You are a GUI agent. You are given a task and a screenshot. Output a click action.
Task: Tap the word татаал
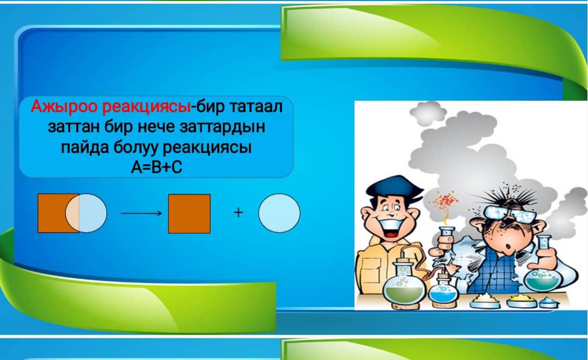[256, 107]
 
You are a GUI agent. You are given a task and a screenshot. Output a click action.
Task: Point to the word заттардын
[222, 127]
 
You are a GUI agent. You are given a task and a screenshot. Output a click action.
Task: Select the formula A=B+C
[156, 167]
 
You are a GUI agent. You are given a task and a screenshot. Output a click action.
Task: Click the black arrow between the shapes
[142, 213]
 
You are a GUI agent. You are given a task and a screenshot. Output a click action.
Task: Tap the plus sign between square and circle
[238, 212]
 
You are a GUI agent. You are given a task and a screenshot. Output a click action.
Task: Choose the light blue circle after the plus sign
[279, 213]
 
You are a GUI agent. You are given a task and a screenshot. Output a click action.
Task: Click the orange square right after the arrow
[189, 213]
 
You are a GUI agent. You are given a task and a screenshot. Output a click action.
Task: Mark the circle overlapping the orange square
[86, 213]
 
